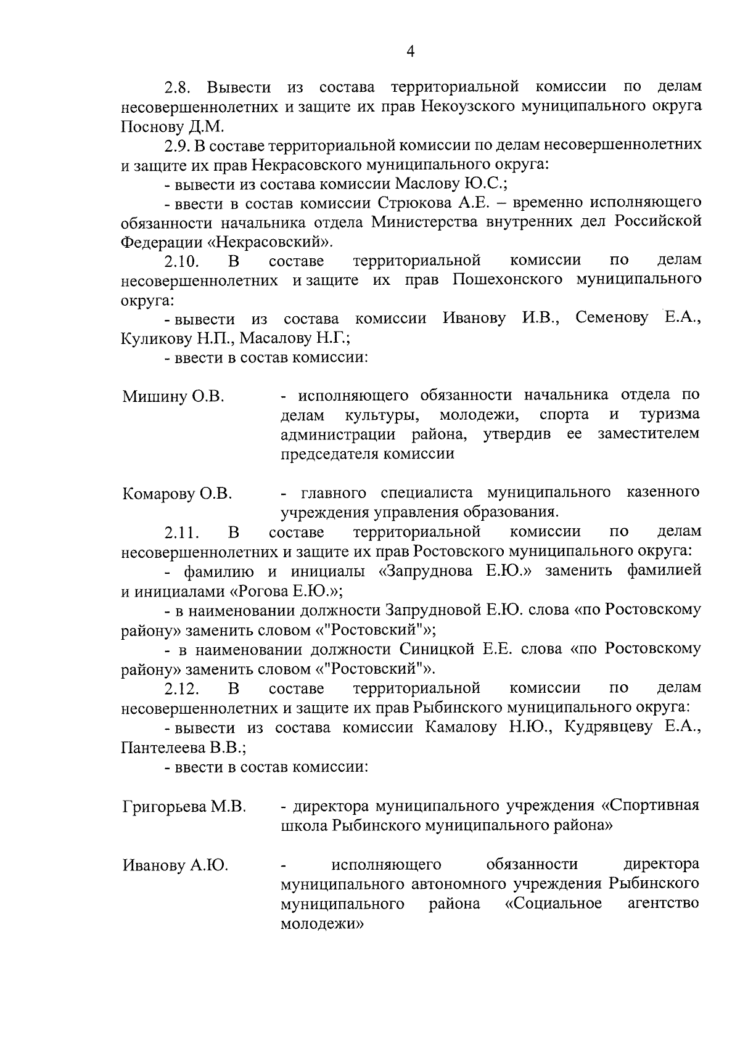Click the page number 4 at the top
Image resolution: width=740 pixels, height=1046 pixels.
click(411, 52)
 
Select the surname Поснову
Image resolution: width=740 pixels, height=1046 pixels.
click(149, 128)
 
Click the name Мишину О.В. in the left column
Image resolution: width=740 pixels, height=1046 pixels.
click(173, 396)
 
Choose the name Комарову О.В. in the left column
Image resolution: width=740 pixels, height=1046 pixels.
click(177, 494)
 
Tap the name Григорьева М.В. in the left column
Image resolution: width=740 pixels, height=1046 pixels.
click(184, 807)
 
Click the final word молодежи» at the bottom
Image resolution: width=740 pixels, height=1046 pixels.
click(321, 925)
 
